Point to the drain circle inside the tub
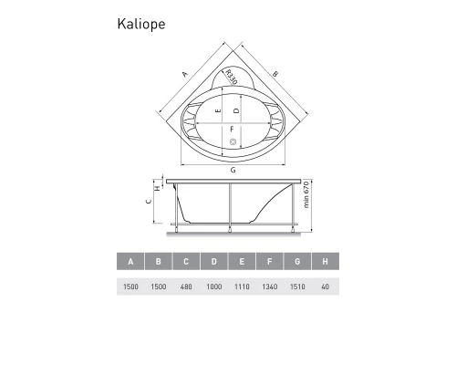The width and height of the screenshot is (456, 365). click(232, 141)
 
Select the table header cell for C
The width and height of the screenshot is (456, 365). click(186, 263)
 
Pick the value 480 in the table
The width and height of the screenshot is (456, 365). click(186, 287)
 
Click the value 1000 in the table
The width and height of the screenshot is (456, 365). click(214, 287)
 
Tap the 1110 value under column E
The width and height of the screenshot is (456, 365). click(242, 287)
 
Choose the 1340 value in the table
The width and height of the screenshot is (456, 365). click(270, 287)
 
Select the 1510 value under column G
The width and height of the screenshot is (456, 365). click(297, 287)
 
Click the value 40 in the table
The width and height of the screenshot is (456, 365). click(325, 287)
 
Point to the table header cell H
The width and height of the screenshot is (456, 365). click(325, 263)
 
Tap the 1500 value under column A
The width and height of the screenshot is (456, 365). click(131, 287)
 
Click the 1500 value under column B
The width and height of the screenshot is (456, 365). click(159, 287)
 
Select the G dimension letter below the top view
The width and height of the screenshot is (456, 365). click(233, 171)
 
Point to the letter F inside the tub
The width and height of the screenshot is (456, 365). click(233, 129)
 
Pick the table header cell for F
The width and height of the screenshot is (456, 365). click(270, 263)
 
